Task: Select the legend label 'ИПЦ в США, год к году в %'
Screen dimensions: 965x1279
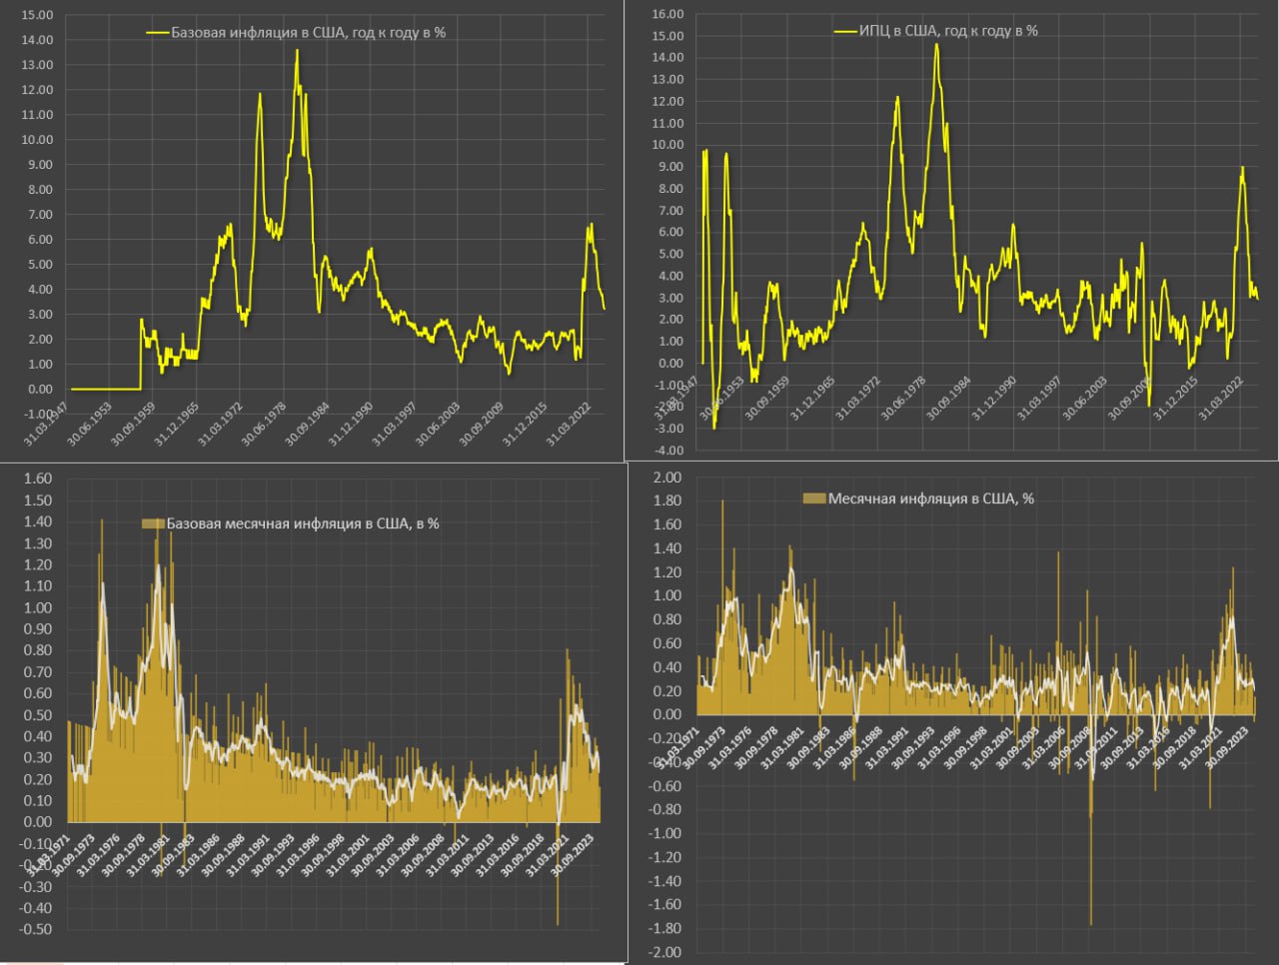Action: click(948, 30)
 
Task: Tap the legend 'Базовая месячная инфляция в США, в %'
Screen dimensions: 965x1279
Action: click(302, 523)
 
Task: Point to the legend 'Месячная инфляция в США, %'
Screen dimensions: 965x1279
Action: click(930, 498)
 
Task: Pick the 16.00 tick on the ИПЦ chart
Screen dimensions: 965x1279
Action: click(666, 14)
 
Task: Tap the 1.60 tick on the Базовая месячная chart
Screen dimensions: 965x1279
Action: click(37, 479)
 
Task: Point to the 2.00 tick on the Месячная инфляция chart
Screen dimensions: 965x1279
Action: click(666, 478)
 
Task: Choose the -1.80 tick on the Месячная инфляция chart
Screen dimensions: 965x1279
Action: click(664, 929)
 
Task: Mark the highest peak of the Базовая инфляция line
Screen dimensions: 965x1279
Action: click(297, 51)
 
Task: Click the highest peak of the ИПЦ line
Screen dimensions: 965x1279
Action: click(936, 45)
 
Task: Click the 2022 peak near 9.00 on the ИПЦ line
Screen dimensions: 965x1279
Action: click(1242, 168)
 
